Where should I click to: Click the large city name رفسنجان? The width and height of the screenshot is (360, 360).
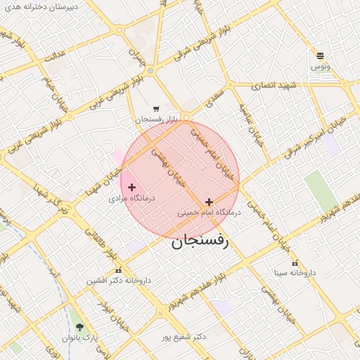click(200, 243)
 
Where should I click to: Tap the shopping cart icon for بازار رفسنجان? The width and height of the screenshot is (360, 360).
click(156, 109)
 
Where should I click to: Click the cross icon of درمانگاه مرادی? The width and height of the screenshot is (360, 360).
click(131, 187)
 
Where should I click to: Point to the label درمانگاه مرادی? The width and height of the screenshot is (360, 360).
click(131, 199)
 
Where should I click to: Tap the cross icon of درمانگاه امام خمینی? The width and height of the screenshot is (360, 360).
click(209, 202)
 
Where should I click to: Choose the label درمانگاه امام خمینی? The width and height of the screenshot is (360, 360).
click(209, 212)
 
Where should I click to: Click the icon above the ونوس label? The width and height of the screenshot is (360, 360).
click(320, 56)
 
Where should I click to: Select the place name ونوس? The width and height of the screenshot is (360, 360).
click(320, 66)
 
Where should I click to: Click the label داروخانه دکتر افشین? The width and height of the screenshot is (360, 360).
click(119, 280)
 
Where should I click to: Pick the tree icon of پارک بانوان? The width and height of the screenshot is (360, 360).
click(79, 327)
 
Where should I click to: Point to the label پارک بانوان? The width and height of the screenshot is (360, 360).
click(81, 338)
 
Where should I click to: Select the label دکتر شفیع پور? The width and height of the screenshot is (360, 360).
click(182, 337)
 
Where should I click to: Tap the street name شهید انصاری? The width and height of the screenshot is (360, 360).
click(278, 85)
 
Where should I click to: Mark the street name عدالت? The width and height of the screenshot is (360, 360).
click(54, 56)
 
